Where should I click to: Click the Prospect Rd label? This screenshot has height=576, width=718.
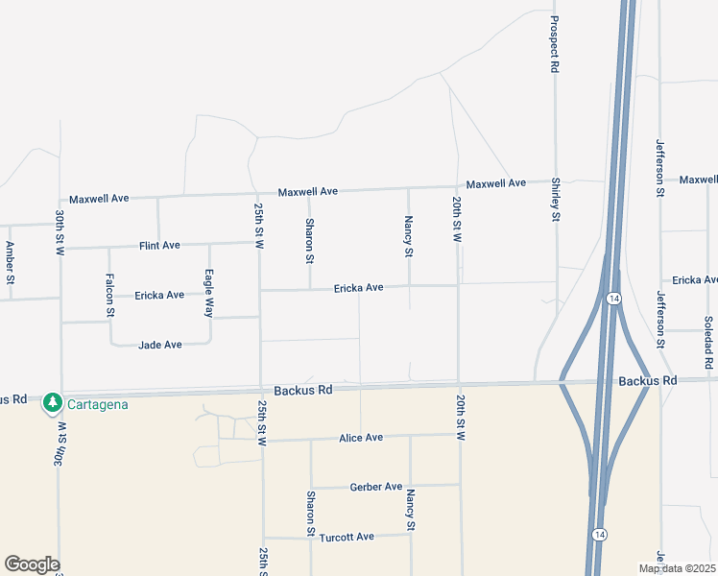pyautogui.click(x=555, y=45)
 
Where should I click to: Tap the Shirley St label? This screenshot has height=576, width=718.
pyautogui.click(x=556, y=200)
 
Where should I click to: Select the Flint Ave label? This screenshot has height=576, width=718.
pyautogui.click(x=159, y=246)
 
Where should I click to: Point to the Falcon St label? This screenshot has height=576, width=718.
pyautogui.click(x=109, y=294)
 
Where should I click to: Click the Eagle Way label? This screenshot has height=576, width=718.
pyautogui.click(x=208, y=292)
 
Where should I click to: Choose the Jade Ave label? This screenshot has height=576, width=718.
pyautogui.click(x=160, y=345)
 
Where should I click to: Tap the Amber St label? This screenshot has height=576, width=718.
pyautogui.click(x=11, y=263)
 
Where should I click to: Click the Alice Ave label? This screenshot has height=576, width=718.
pyautogui.click(x=361, y=438)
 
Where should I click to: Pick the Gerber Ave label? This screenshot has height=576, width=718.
pyautogui.click(x=376, y=487)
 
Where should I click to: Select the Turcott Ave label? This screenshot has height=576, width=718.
pyautogui.click(x=347, y=537)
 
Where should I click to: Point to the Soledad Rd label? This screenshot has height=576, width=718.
pyautogui.click(x=708, y=344)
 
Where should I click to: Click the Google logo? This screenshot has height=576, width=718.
pyautogui.click(x=32, y=564)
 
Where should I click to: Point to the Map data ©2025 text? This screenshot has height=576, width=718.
pyautogui.click(x=676, y=568)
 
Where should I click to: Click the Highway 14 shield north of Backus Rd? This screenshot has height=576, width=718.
pyautogui.click(x=612, y=299)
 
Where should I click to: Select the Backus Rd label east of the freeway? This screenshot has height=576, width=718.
pyautogui.click(x=648, y=381)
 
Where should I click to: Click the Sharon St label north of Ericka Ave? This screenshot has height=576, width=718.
pyautogui.click(x=310, y=240)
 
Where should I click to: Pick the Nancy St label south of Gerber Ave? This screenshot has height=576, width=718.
pyautogui.click(x=410, y=510)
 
